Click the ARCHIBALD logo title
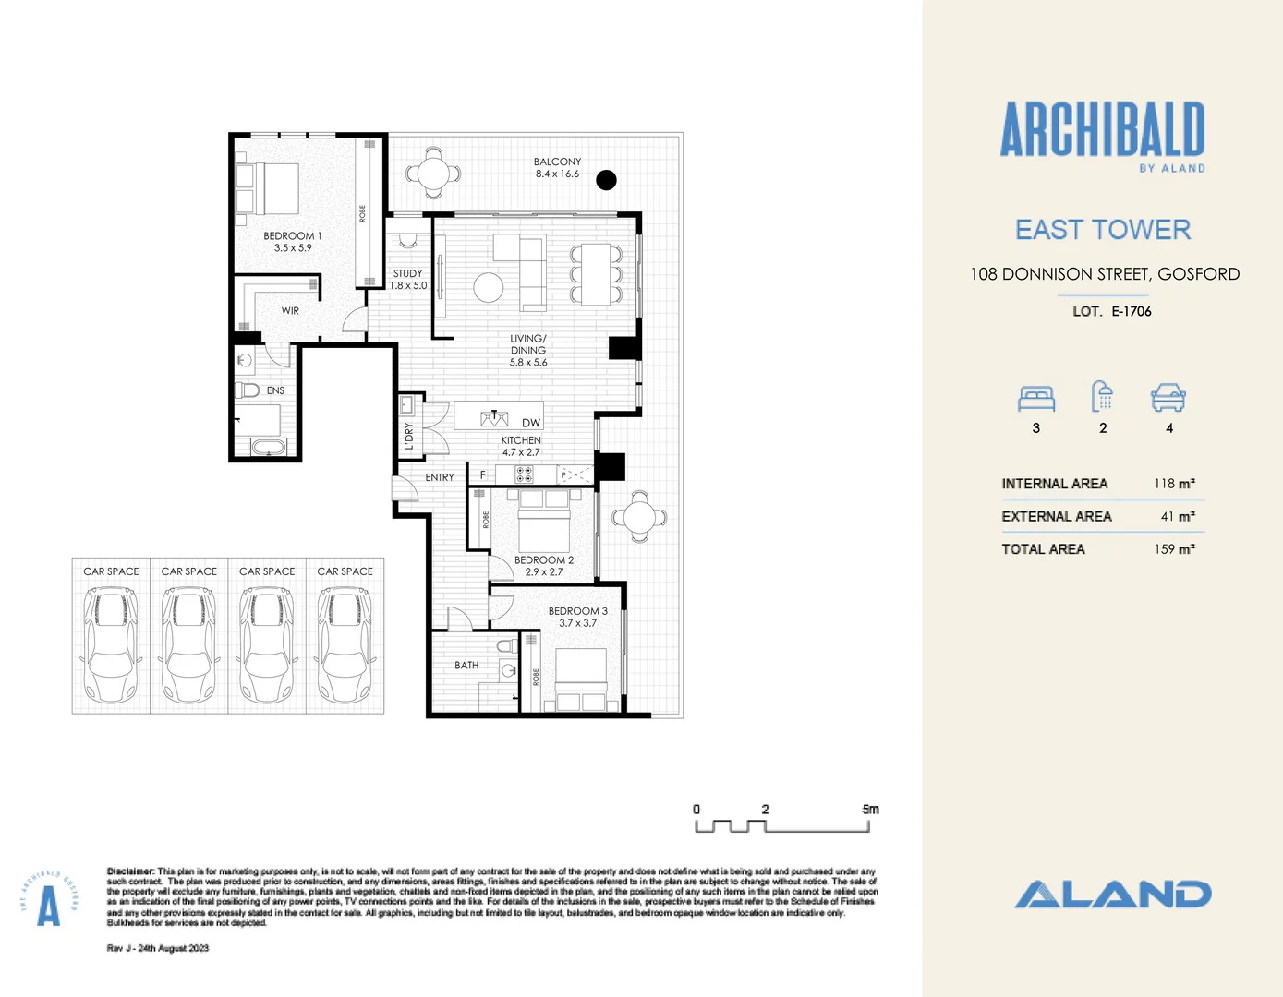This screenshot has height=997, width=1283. coord(1102,129)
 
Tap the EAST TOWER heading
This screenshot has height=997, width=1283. coord(1103,230)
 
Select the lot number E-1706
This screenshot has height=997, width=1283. coord(1132,311)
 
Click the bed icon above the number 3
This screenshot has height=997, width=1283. coord(1036,398)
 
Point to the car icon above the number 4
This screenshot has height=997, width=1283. coord(1168,398)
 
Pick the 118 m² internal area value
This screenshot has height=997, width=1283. coord(1174,484)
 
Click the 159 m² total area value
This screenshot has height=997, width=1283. coord(1174,549)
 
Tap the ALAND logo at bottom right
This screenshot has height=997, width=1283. coord(1113,894)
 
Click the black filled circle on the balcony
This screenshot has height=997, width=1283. coord(606,180)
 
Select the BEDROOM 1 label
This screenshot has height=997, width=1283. coord(293,236)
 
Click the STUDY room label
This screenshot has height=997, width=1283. coord(407,274)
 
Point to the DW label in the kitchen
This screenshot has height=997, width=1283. coord(531,423)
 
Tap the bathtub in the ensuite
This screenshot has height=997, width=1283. coord(270,448)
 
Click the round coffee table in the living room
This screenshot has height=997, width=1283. coord(489,287)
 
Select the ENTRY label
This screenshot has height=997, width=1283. coord(440,477)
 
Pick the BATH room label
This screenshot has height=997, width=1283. coord(466,665)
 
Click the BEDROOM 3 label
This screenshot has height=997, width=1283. coord(577,611)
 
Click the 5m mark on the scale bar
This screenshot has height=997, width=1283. coord(870,810)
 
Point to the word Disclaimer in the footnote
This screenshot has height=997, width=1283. coord(130,871)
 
